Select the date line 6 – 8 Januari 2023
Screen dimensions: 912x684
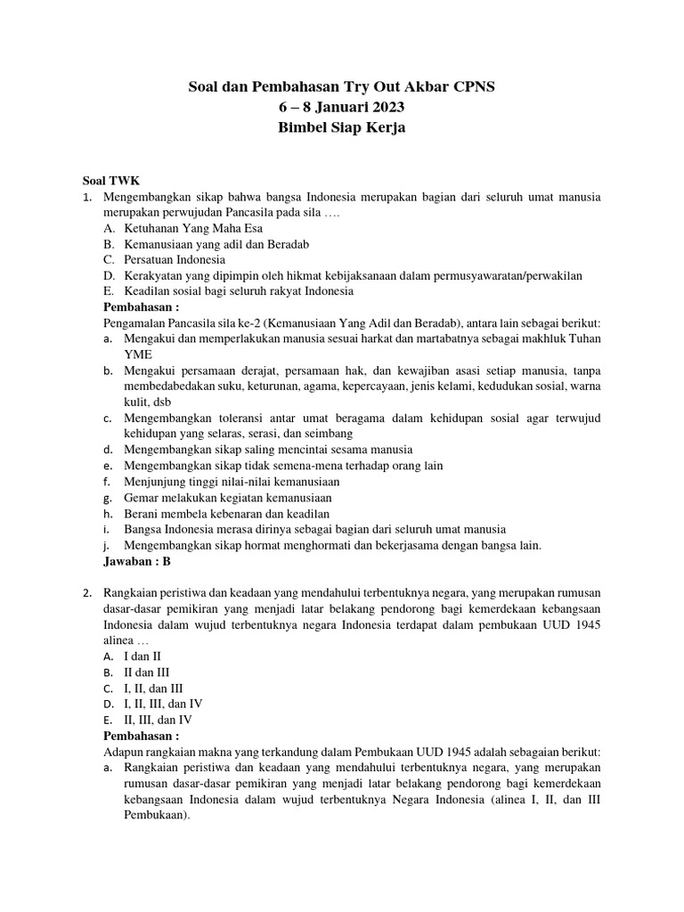[342, 108]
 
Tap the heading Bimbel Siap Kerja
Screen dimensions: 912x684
[342, 128]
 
